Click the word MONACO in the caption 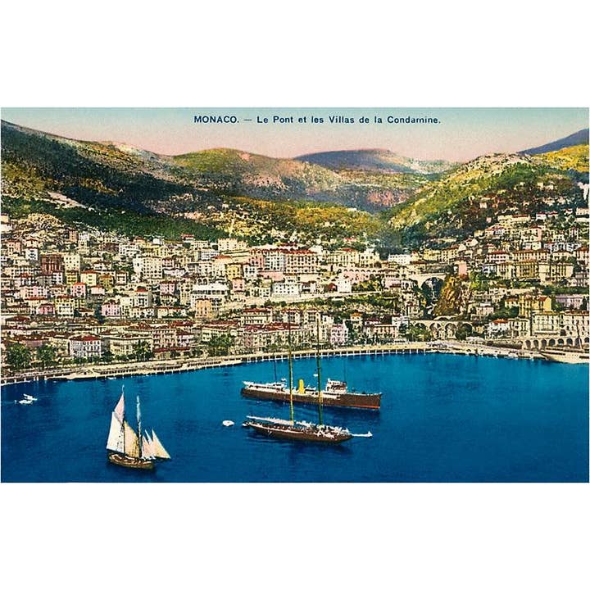tap(216, 120)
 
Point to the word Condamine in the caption tap(413, 120)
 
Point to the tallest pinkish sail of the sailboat tap(119, 409)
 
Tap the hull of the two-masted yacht tap(298, 433)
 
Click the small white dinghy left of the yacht tap(227, 424)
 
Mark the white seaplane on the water tap(27, 399)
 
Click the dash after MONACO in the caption tap(248, 120)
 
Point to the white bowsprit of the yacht tap(361, 434)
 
